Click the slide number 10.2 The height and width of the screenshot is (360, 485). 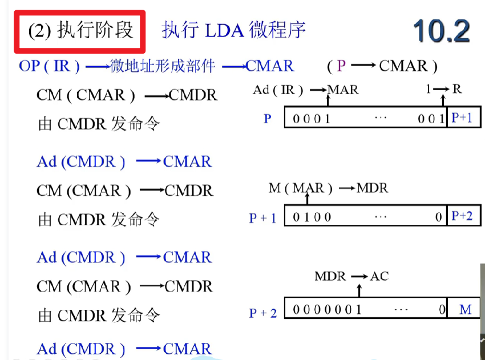pos(440,30)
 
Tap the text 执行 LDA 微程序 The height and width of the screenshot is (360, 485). pos(234,30)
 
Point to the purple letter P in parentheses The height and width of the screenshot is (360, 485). pos(341,66)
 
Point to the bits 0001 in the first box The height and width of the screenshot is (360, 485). pos(312,119)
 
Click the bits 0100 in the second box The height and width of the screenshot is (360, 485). pos(312,217)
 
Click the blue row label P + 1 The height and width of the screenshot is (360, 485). pos(262,218)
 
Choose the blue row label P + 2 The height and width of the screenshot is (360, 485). pos(262,312)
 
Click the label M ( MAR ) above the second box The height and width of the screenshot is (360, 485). pos(300,188)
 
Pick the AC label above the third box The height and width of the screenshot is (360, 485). pos(379,276)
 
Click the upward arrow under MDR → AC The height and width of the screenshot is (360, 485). pos(358,290)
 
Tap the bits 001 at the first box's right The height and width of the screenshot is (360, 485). pos(431,119)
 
